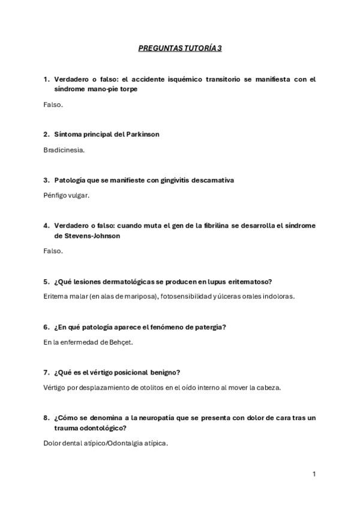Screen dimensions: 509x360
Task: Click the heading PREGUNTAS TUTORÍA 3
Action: tap(180, 48)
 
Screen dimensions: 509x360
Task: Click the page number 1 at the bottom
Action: tap(314, 474)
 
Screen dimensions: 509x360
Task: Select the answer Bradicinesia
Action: tap(64, 149)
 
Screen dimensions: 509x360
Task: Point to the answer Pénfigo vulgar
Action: tap(67, 195)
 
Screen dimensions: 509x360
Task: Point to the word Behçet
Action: tap(121, 342)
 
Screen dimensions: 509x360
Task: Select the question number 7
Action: tap(46, 373)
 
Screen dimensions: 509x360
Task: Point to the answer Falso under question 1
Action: tap(53, 104)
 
